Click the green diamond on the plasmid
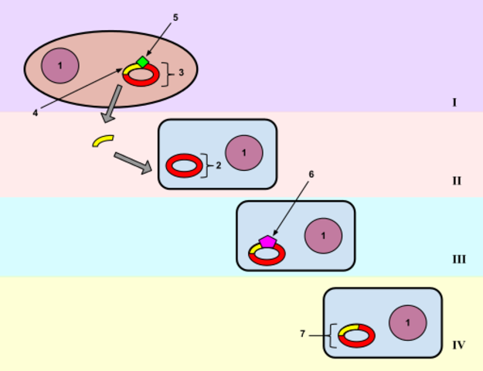pos(142,62)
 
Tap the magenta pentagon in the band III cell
pos(267,241)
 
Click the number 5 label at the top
pos(175,16)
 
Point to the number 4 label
pos(35,113)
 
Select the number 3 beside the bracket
pos(181,73)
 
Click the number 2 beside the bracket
pos(219,165)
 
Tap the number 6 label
pos(311,175)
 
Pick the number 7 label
pos(303,334)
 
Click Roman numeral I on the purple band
pos(454,102)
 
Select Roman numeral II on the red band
pos(457,182)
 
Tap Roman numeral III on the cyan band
pos(458,259)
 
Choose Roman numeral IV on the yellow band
pos(458,345)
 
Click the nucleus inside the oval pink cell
pos(60,66)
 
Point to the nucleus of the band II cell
pos(244,152)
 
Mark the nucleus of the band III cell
pos(323,236)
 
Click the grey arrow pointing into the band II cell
pos(132,163)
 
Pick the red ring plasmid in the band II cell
pos(184,165)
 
